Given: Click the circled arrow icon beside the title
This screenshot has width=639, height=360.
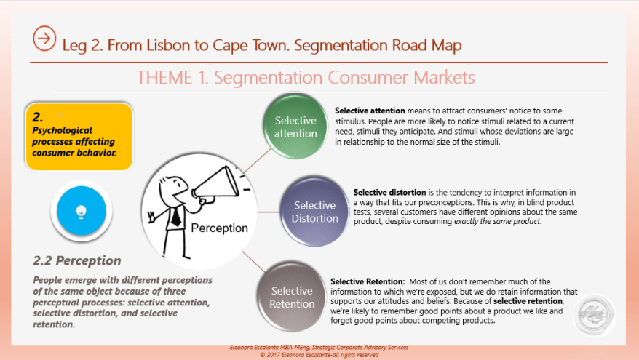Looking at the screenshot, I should coord(44,39).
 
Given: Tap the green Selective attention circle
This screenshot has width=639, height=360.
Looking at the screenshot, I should coord(295,127).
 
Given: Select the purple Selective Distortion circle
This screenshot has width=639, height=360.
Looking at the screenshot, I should coord(314,212).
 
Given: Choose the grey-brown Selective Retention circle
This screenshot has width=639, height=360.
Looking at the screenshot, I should coord(292,297).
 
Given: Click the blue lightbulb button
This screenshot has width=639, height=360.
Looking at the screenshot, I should coord(82,211).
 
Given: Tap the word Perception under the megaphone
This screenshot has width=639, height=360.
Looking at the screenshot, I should coord(219,228).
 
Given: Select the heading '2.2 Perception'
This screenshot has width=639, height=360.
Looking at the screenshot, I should coord(77,260).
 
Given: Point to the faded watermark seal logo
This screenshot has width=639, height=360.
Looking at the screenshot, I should coord(595,316).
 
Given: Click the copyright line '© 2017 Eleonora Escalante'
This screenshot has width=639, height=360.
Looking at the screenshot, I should coord(319,354).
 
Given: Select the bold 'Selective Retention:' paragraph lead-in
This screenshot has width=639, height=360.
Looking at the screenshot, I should coord(368,281).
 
